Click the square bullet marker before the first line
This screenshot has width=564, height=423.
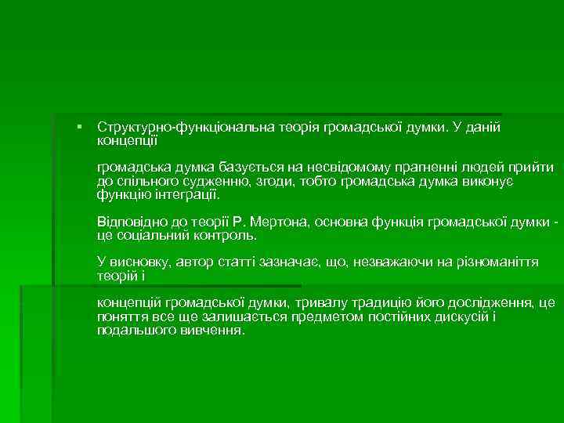click(x=80, y=126)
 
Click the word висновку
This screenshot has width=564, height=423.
click(x=143, y=262)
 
